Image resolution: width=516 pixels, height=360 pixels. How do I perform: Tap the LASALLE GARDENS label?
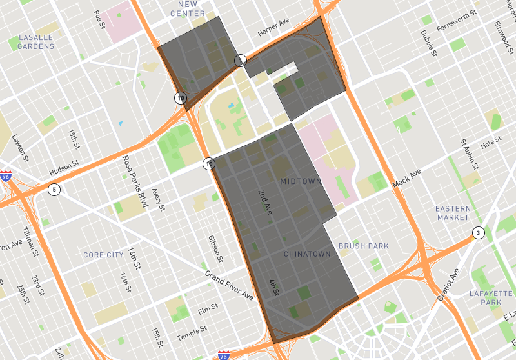point(36,42)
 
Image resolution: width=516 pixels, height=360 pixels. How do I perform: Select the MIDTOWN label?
point(301,182)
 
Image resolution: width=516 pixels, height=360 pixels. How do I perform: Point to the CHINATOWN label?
point(307,254)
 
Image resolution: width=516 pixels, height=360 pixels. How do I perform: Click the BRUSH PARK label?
point(364,246)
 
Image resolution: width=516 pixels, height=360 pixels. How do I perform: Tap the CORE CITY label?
point(103,255)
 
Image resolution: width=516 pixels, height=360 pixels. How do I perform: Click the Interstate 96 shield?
point(6,176)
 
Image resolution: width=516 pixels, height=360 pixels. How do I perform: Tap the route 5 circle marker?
point(54,190)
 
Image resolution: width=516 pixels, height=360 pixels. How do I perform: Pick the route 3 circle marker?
point(477,233)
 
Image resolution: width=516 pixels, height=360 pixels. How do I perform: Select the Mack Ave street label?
point(406,179)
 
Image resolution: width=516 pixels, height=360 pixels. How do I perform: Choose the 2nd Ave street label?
point(264,202)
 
